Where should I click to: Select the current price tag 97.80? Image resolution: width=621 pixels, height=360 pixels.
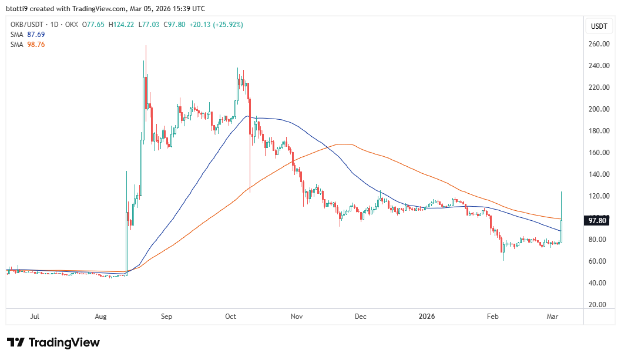pos(599,221)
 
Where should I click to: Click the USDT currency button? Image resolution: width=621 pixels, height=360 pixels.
pos(599,26)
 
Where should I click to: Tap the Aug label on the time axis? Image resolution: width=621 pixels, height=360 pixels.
pos(100,317)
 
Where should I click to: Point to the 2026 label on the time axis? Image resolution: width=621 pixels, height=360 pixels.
pos(427,317)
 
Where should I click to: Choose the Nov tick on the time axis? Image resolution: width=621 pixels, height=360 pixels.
pos(296,317)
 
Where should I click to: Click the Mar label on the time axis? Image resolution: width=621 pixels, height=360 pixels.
pos(552,317)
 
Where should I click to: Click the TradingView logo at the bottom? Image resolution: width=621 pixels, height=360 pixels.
pos(53,342)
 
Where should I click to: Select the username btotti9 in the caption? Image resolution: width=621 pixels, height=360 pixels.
pos(21,9)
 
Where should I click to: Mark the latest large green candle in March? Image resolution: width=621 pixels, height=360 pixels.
pos(562,231)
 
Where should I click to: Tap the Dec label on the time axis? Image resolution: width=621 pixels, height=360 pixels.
pos(360,317)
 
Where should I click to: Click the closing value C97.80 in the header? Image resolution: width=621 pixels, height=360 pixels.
pos(174,25)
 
